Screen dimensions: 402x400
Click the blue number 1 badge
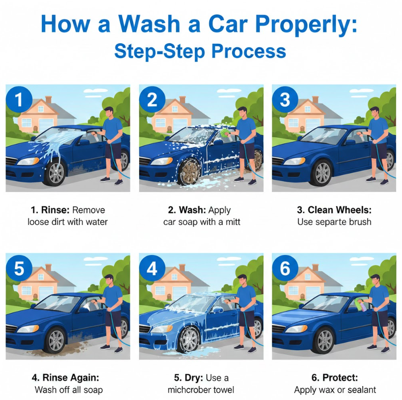(x=19, y=99)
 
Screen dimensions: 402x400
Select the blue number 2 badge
(x=152, y=99)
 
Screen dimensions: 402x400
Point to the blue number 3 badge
(x=285, y=99)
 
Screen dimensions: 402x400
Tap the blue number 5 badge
(x=19, y=268)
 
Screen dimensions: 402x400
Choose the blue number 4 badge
(x=152, y=268)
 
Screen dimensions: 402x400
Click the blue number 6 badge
(x=285, y=268)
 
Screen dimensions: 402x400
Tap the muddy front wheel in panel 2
(x=190, y=170)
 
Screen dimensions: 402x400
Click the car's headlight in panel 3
(x=294, y=161)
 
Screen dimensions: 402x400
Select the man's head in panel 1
(x=109, y=112)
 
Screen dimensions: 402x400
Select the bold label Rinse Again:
(x=71, y=378)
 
